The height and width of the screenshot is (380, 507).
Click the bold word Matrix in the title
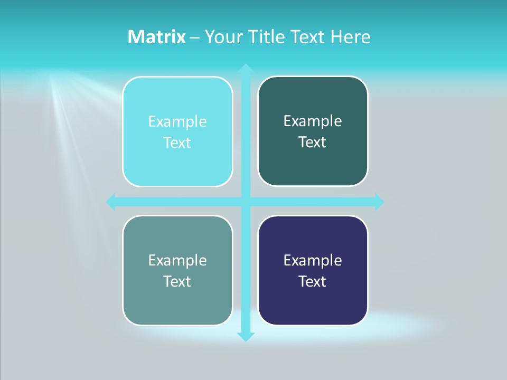pyautogui.click(x=156, y=37)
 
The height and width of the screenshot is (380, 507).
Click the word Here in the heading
pyautogui.click(x=351, y=37)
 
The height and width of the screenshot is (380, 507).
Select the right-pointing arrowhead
pyautogui.click(x=379, y=202)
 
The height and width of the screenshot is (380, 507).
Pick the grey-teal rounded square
pyautogui.click(x=177, y=301)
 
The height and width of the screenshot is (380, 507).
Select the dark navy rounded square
pyautogui.click(x=313, y=301)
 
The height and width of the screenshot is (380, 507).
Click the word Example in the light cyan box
pyautogui.click(x=177, y=122)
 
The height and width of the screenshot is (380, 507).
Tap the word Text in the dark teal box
pyautogui.click(x=313, y=142)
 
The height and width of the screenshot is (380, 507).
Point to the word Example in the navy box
pyautogui.click(x=313, y=260)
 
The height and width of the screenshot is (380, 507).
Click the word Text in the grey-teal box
pyautogui.click(x=177, y=281)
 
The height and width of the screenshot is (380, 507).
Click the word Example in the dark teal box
pyautogui.click(x=313, y=121)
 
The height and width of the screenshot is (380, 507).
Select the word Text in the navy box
pyautogui.click(x=313, y=281)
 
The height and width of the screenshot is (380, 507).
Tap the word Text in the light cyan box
pyautogui.click(x=177, y=143)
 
